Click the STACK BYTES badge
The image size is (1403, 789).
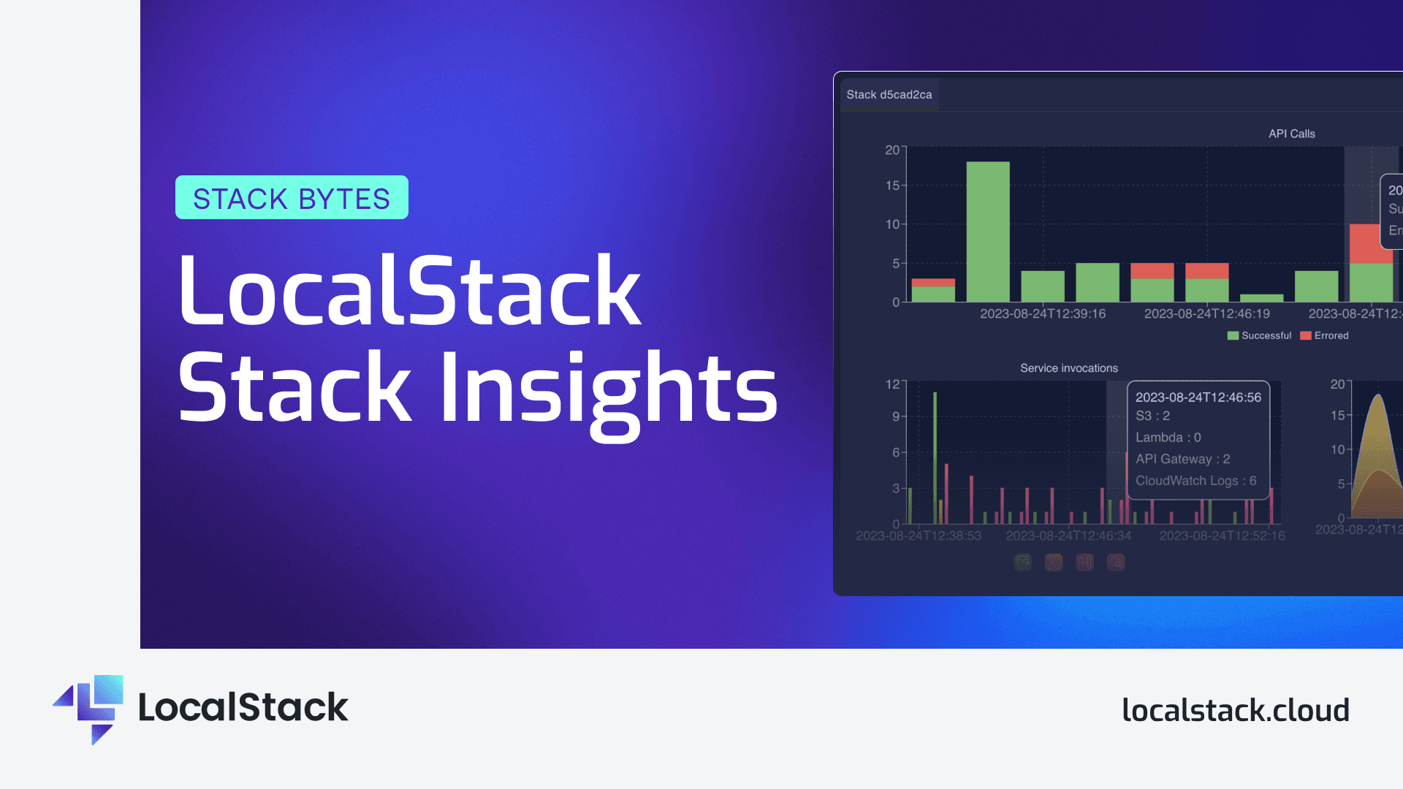pyautogui.click(x=292, y=198)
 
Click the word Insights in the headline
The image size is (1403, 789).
pyautogui.click(x=609, y=389)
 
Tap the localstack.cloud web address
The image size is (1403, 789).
pyautogui.click(x=1235, y=710)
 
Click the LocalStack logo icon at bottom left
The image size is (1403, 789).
pyautogui.click(x=91, y=708)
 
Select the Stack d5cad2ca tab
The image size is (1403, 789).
pyautogui.click(x=889, y=95)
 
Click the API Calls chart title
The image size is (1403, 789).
pyautogui.click(x=1291, y=134)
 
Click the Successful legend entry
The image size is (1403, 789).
pyautogui.click(x=1259, y=336)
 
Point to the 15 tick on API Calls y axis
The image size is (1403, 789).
pyautogui.click(x=892, y=186)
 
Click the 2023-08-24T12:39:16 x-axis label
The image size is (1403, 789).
pyautogui.click(x=1042, y=314)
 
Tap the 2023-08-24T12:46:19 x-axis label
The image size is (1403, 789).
pyautogui.click(x=1206, y=314)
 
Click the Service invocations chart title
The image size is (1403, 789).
pyautogui.click(x=1068, y=368)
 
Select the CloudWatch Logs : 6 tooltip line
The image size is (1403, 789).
pyautogui.click(x=1195, y=481)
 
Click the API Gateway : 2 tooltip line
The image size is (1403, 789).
pyautogui.click(x=1182, y=459)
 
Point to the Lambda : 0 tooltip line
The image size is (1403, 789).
pyautogui.click(x=1168, y=438)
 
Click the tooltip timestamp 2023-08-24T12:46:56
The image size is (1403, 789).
pyautogui.click(x=1198, y=397)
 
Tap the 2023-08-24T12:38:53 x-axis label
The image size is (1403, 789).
pyautogui.click(x=918, y=536)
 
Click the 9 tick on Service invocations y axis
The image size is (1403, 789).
pyautogui.click(x=896, y=416)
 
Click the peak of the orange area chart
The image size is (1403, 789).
pyautogui.click(x=1377, y=396)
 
